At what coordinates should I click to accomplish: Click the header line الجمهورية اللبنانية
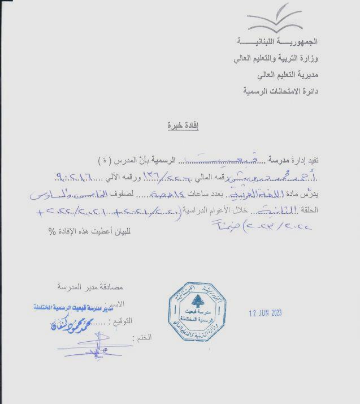pyautogui.click(x=276, y=42)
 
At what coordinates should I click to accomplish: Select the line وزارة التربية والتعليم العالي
pyautogui.click(x=275, y=58)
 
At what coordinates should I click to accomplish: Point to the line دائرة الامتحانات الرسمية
pyautogui.click(x=281, y=91)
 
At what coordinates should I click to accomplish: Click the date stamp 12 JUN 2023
pyautogui.click(x=266, y=313)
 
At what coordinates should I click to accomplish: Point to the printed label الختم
pyautogui.click(x=143, y=337)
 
